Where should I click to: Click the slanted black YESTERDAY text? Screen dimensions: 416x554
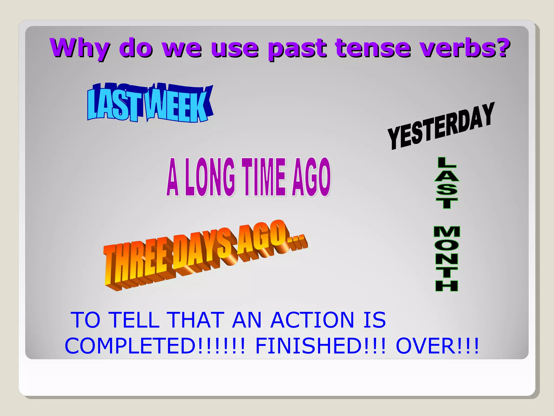click(441, 126)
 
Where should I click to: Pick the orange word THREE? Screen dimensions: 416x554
click(135, 264)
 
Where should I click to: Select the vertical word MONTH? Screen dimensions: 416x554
click(447, 259)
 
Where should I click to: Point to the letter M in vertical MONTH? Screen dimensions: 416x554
click(447, 232)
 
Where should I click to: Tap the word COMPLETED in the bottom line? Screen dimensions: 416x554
click(130, 346)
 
